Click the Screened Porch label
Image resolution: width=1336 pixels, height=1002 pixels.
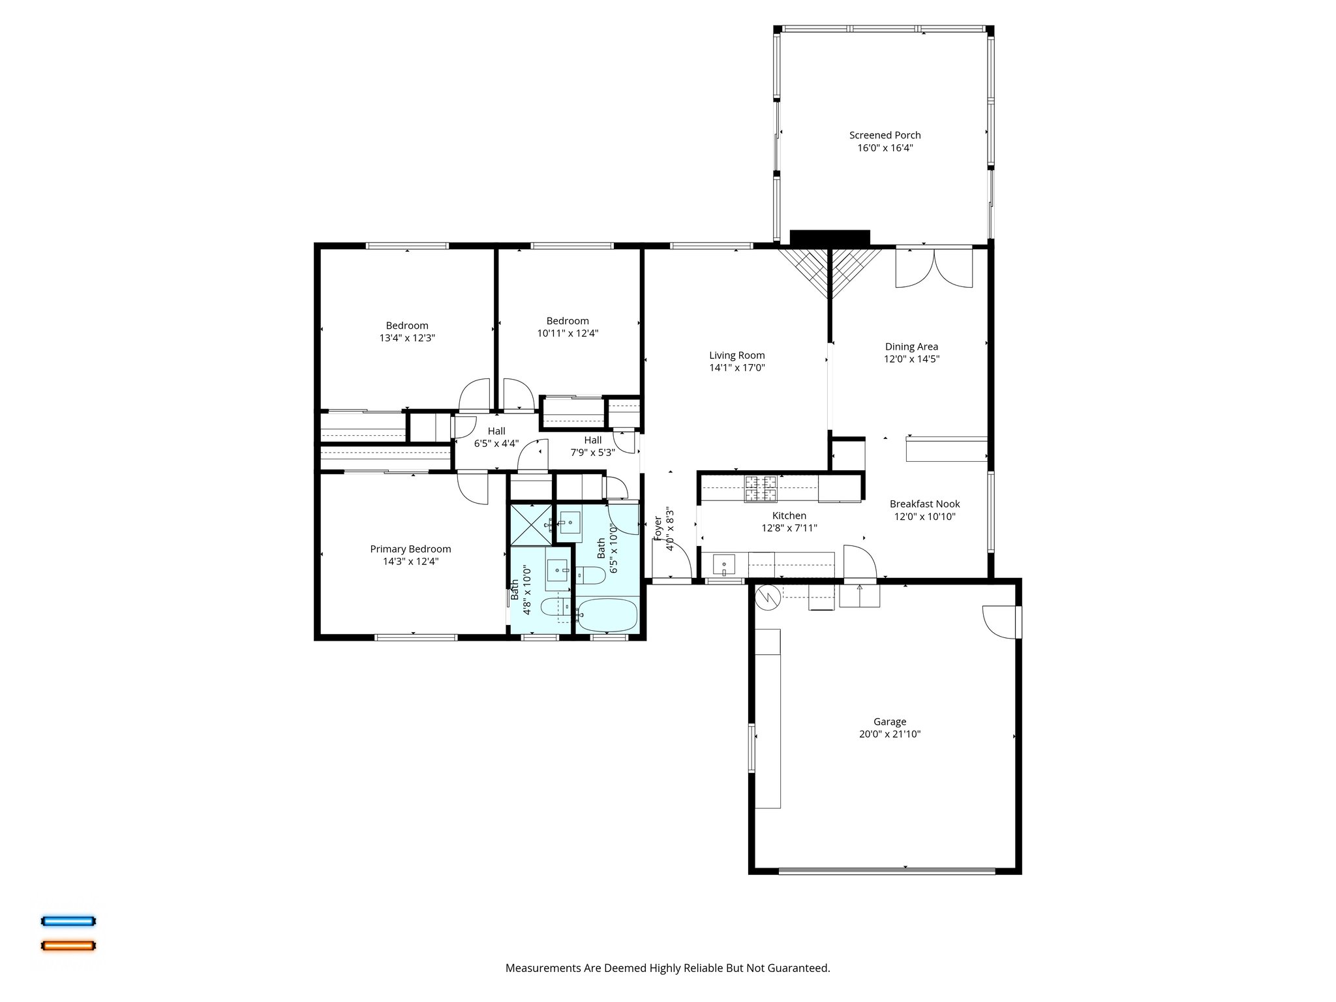885,135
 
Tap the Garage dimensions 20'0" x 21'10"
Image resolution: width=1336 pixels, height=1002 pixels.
890,734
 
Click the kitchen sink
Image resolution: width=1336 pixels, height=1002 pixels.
723,563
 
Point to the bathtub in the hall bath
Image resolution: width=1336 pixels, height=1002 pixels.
607,615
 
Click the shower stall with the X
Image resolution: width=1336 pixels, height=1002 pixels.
530,524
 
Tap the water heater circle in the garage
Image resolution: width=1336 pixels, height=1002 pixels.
768,597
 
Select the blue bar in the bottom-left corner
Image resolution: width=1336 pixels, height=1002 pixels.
68,921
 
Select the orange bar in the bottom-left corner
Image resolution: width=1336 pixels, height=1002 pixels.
68,945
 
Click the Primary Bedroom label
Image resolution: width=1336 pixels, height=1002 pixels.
410,549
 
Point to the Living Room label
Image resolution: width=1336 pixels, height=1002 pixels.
736,356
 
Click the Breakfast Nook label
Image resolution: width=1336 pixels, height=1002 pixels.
924,504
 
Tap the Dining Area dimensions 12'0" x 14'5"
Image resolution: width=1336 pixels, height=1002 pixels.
911,359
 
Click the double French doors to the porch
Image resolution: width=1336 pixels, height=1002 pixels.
934,267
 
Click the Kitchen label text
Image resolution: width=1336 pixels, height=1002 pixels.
789,516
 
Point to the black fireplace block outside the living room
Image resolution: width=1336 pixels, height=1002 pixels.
830,237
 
